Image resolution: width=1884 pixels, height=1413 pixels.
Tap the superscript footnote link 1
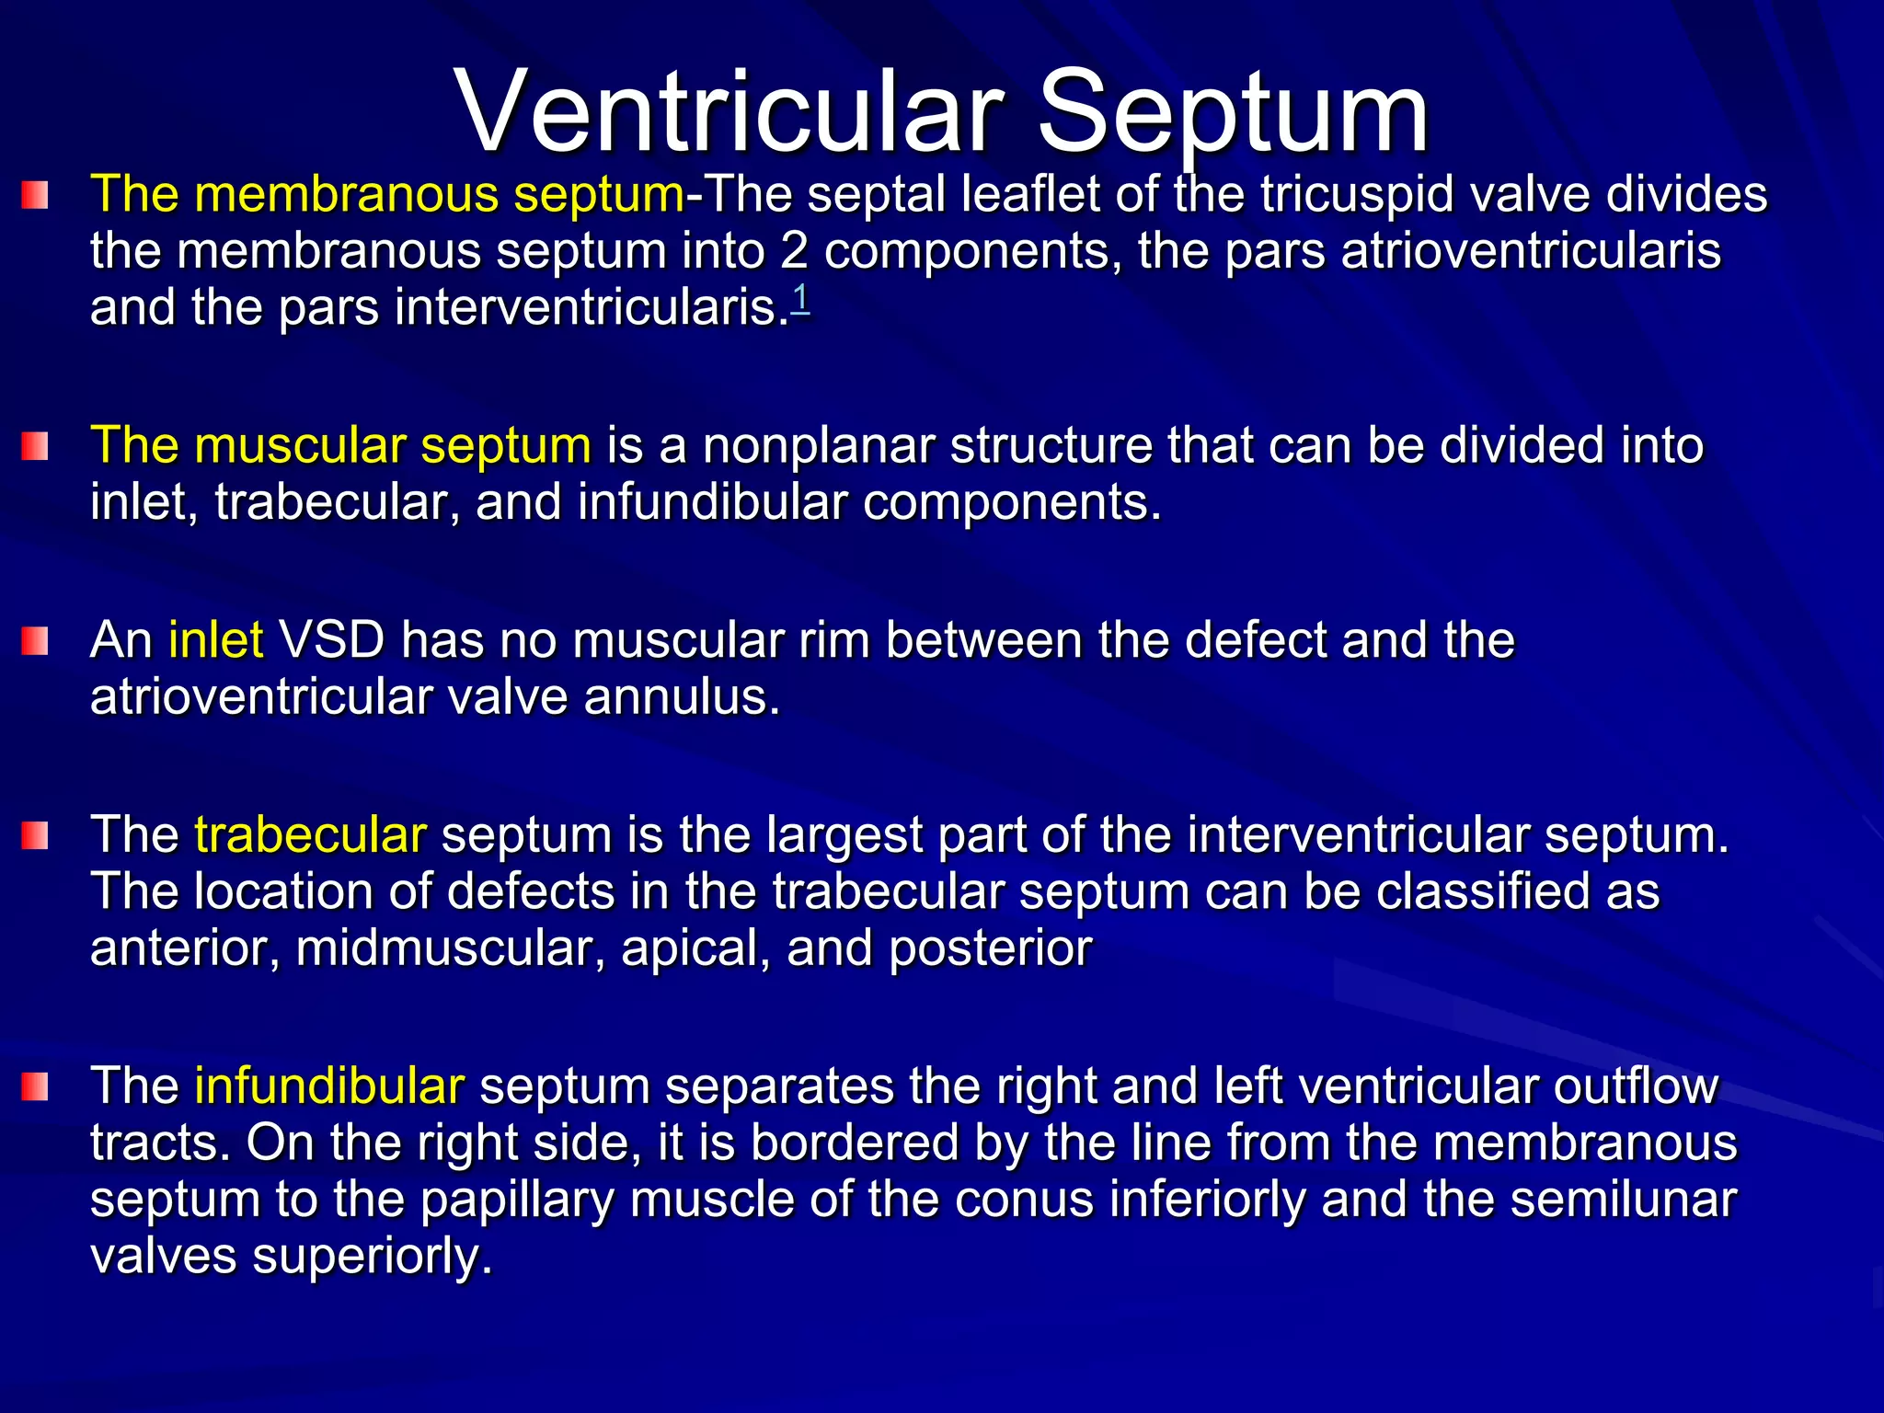coord(800,300)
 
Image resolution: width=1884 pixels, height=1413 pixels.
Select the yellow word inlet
coord(216,639)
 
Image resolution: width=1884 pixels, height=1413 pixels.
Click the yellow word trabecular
coord(310,834)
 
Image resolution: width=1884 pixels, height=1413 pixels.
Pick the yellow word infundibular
coord(329,1086)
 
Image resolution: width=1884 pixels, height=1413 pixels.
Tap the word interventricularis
coord(592,308)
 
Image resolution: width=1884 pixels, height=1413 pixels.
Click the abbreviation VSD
coord(331,639)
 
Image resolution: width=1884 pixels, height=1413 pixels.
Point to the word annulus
coord(682,697)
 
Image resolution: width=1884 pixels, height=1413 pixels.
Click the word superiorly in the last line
coord(373,1257)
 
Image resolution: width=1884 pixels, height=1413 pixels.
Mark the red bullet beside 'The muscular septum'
coord(35,447)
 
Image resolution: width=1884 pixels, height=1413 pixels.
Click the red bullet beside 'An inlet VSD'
coord(35,641)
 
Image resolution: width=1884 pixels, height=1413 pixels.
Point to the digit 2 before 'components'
coord(794,252)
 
